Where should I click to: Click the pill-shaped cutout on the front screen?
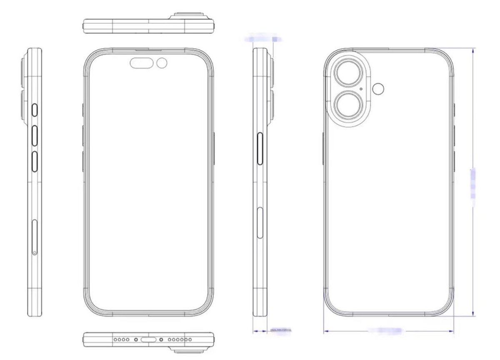pyautogui.click(x=142, y=63)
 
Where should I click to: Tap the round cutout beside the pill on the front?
pyautogui.click(x=162, y=63)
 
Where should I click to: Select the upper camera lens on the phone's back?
pyautogui.click(x=347, y=73)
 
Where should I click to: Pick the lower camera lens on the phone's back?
pyautogui.click(x=347, y=105)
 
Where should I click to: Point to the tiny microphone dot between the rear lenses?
pyautogui.click(x=360, y=89)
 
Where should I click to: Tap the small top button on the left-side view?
pyautogui.click(x=35, y=110)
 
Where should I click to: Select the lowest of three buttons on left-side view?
pyautogui.click(x=35, y=162)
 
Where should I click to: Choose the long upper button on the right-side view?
pyautogui.click(x=261, y=150)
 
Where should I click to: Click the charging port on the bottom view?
pyautogui.click(x=148, y=340)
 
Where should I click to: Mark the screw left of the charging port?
pyautogui.click(x=136, y=340)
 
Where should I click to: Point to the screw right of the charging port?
pyautogui.click(x=161, y=340)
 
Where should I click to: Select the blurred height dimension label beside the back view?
pyautogui.click(x=473, y=183)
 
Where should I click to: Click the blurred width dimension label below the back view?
pyautogui.click(x=385, y=330)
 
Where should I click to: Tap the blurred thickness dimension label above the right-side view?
pyautogui.click(x=262, y=39)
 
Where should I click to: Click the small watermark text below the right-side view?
pyautogui.click(x=281, y=330)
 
